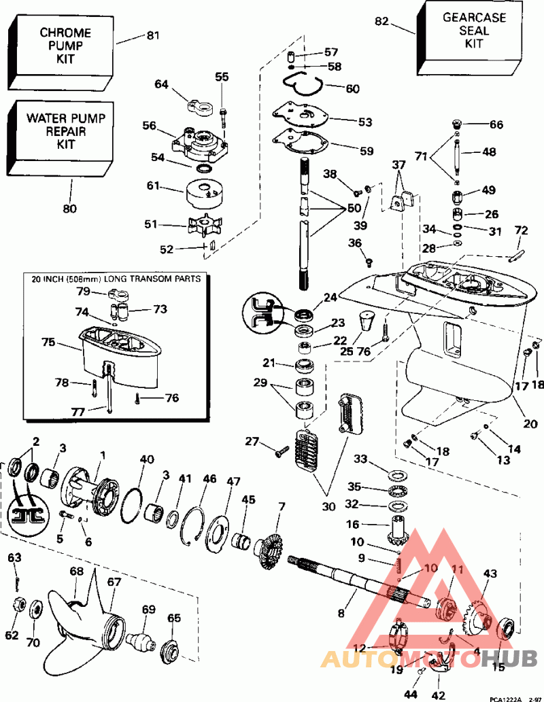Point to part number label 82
pyautogui.click(x=381, y=21)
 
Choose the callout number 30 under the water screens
pyautogui.click(x=328, y=506)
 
